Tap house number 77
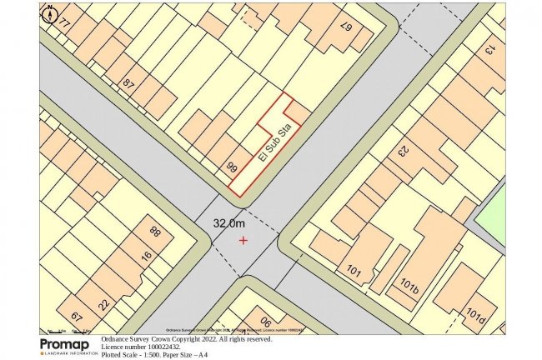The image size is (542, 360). click(63, 23)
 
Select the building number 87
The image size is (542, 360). click(128, 84)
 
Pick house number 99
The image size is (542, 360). click(233, 167)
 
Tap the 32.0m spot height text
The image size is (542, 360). click(229, 223)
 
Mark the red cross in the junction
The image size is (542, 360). click(243, 240)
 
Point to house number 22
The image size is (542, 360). click(103, 303)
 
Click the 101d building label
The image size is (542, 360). click(476, 317)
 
